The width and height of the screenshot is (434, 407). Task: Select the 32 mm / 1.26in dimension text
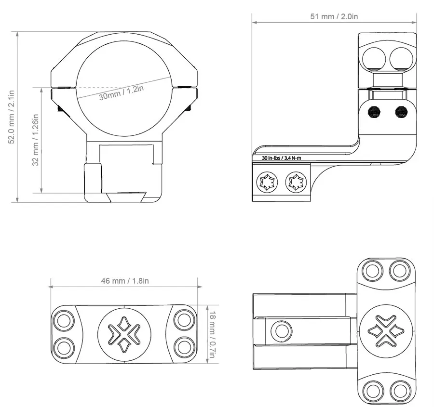tap(35, 140)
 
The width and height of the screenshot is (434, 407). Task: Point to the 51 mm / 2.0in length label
tap(334, 16)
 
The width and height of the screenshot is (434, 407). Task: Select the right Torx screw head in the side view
tap(296, 183)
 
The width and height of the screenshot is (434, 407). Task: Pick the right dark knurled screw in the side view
tap(401, 112)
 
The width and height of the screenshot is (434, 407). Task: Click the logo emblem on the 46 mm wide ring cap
tap(124, 332)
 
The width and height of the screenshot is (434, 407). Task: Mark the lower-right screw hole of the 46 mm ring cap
tap(184, 346)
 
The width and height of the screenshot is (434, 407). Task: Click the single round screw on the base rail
tap(282, 331)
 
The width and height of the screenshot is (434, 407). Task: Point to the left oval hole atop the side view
tap(374, 58)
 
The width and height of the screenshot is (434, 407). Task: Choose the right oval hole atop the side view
tap(401, 58)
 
